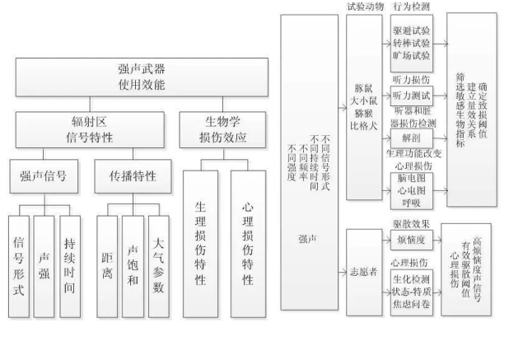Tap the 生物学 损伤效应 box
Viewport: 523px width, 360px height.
click(x=225, y=129)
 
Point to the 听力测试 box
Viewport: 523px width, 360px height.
click(x=409, y=96)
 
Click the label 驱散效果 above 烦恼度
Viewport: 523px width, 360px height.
click(x=409, y=222)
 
